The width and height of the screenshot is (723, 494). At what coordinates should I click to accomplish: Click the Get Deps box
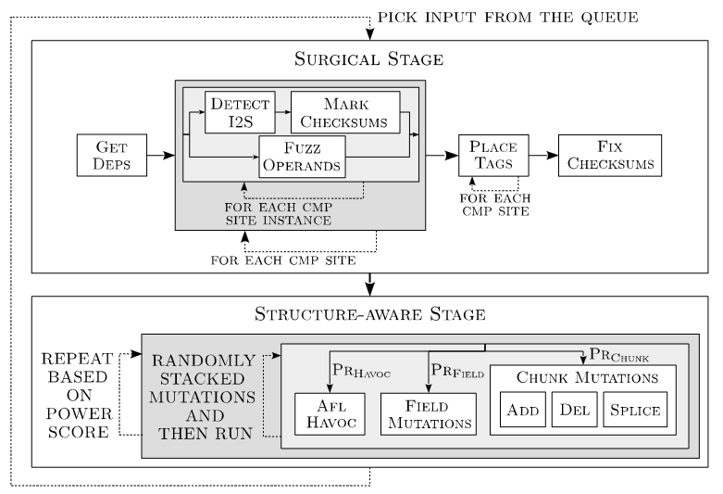[x=112, y=155]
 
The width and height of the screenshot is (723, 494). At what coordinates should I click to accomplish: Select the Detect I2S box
[x=240, y=112]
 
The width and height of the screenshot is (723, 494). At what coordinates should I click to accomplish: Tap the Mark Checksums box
[x=345, y=112]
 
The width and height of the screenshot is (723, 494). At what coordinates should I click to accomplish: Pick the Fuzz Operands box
[x=302, y=157]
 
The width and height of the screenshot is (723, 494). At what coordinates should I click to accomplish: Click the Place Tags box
[x=493, y=155]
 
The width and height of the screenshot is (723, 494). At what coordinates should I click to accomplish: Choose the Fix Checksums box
[x=610, y=155]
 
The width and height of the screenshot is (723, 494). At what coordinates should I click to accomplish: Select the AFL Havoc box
[x=330, y=414]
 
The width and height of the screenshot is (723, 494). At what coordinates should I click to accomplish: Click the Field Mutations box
[x=429, y=414]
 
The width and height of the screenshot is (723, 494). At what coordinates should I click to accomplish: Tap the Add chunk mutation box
[x=523, y=410]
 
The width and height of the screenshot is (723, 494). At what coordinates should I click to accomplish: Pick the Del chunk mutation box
[x=575, y=410]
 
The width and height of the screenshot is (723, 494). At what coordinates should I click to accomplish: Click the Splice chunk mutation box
[x=635, y=410]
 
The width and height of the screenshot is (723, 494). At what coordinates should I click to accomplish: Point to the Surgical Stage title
[x=368, y=59]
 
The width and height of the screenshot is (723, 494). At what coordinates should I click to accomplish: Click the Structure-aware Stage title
[x=369, y=314]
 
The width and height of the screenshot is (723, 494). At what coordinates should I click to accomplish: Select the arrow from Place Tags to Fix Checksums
[x=543, y=155]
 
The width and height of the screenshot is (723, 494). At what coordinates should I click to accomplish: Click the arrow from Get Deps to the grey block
[x=161, y=155]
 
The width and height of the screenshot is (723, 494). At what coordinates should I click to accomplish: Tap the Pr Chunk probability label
[x=618, y=356]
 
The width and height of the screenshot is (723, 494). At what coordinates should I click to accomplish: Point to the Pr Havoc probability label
[x=361, y=371]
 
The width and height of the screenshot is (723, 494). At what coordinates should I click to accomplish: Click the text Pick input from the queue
[x=508, y=18]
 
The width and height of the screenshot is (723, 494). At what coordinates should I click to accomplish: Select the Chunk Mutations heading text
[x=587, y=377]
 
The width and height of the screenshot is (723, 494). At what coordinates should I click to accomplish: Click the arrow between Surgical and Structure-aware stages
[x=369, y=285]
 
